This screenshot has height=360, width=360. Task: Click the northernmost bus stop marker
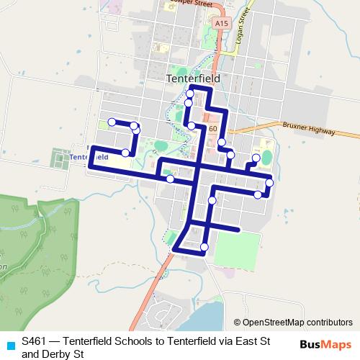[x=190, y=94]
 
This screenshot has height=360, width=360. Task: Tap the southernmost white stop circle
[x=204, y=248]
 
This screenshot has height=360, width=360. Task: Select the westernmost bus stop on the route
[x=112, y=122]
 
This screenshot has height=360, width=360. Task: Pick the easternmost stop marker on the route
[x=269, y=183]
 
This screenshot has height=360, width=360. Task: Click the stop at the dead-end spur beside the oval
[x=256, y=158]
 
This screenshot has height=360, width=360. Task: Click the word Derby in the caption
[x=63, y=354]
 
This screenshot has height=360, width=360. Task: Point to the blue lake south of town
[x=209, y=317]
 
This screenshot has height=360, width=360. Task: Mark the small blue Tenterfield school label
[x=89, y=156]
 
